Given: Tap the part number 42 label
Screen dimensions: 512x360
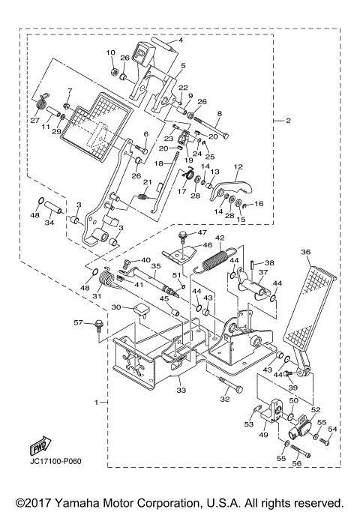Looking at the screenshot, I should (x=220, y=238).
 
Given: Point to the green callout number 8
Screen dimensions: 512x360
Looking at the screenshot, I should (x=220, y=114).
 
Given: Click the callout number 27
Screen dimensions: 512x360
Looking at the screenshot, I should (x=35, y=120).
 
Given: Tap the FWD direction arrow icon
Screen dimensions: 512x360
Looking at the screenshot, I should (x=40, y=445).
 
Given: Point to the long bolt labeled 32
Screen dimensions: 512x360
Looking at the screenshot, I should (x=233, y=389).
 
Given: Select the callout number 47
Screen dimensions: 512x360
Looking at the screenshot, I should (x=202, y=234).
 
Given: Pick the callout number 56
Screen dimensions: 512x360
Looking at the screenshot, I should (x=296, y=463).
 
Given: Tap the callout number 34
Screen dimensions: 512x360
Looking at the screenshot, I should (x=49, y=223).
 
